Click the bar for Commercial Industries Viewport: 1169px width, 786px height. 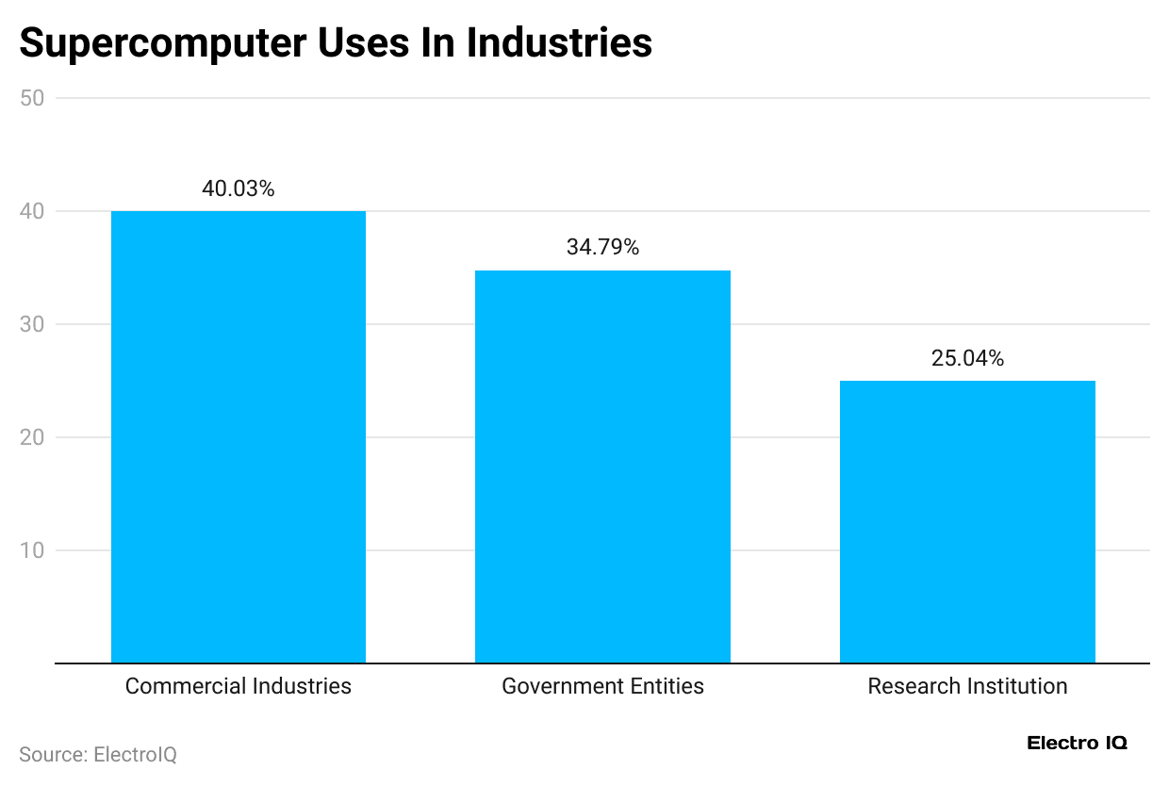(x=239, y=436)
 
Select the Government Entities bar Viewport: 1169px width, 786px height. (x=602, y=467)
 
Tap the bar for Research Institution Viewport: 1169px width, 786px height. (x=967, y=521)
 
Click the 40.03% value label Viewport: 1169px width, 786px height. (x=239, y=189)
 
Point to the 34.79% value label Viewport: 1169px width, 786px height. (x=602, y=248)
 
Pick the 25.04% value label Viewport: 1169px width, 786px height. (x=967, y=359)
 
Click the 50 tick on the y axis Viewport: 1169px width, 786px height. (x=32, y=99)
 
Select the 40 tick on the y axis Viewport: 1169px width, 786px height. (x=32, y=212)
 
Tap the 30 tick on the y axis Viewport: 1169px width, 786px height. (x=32, y=325)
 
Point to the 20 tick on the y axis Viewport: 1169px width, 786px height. (x=32, y=438)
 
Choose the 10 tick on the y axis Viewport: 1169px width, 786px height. (x=32, y=551)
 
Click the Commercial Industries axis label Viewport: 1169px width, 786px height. (x=239, y=686)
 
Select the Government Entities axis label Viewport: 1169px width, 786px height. (x=602, y=686)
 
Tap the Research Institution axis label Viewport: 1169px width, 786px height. (x=967, y=686)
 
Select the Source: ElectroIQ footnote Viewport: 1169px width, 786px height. (x=98, y=755)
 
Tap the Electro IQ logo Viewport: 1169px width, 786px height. (x=1077, y=744)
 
